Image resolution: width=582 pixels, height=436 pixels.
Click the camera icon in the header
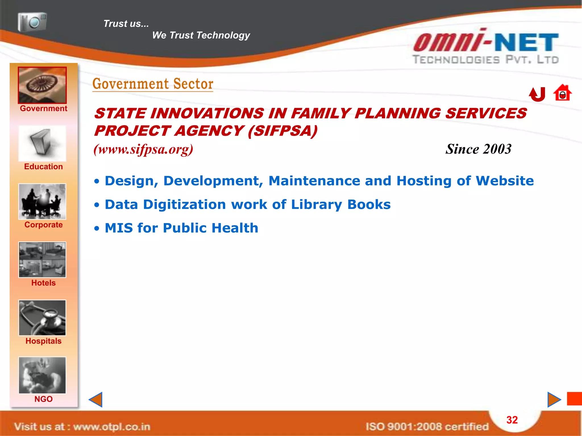[x=32, y=22]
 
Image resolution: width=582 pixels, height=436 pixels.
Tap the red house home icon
[x=562, y=93]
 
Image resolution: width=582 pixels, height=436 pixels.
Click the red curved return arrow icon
[x=537, y=94]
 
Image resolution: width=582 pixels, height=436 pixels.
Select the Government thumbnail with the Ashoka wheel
[x=42, y=85]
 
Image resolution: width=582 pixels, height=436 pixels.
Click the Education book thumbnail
[x=42, y=144]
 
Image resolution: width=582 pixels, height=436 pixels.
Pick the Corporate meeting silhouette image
[x=42, y=202]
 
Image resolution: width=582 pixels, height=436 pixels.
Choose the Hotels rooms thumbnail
[x=42, y=260]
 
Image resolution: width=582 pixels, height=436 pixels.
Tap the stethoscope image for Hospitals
[x=42, y=318]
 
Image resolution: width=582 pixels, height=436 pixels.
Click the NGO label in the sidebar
[x=43, y=399]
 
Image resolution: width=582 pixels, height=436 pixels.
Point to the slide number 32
[x=512, y=420]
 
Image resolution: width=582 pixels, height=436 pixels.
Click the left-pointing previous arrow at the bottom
[x=96, y=400]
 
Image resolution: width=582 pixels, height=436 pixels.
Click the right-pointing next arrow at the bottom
[x=554, y=400]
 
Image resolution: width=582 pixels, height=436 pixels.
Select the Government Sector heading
[x=153, y=84]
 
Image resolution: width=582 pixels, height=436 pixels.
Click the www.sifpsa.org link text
[x=144, y=149]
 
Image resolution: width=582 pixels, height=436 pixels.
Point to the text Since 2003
[x=478, y=149]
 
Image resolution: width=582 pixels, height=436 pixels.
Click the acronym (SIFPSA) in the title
[x=282, y=131]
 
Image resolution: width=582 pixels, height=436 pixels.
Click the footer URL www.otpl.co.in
[x=111, y=427]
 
